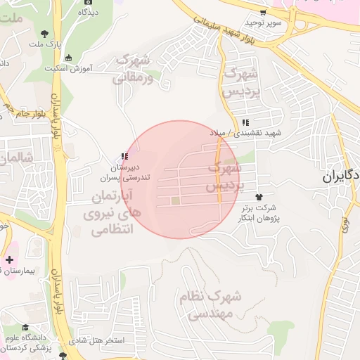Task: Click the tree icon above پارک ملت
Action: pos(45,33)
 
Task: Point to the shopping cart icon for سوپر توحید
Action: pos(263,13)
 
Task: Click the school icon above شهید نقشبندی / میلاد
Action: pos(243,122)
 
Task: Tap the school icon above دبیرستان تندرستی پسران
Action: pos(124,157)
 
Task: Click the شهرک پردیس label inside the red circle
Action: pos(225,178)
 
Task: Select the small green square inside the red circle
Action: pos(175,202)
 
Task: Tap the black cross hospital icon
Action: pos(8,259)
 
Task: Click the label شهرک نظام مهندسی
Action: pos(210,304)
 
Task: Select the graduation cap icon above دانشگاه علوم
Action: pos(26,328)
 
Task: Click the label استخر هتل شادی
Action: pos(102,340)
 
